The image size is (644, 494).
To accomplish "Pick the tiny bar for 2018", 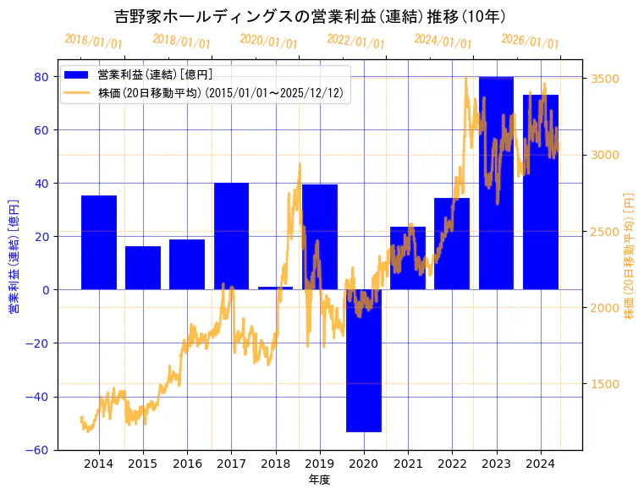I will pyautogui.click(x=275, y=288).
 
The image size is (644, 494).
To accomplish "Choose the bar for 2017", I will pyautogui.click(x=231, y=236).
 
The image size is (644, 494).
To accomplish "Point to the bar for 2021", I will pyautogui.click(x=408, y=258).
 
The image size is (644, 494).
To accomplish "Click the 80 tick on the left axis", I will pyautogui.click(x=41, y=76).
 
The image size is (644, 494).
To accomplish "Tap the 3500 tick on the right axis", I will pyautogui.click(x=607, y=79).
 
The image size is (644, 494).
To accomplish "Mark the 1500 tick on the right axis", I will pyautogui.click(x=607, y=384).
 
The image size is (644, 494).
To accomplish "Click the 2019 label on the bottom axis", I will pyautogui.click(x=319, y=464).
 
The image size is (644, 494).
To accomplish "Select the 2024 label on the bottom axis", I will pyautogui.click(x=540, y=464).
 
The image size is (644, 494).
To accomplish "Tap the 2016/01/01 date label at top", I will pyautogui.click(x=93, y=41).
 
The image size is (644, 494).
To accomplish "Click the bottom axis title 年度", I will pyautogui.click(x=319, y=480).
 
